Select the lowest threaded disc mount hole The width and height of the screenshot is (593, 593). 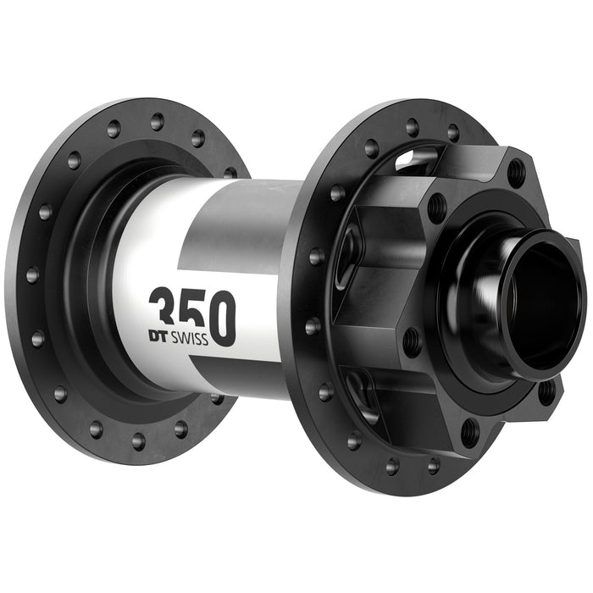click(x=471, y=432)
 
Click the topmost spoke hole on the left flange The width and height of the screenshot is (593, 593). click(x=158, y=120)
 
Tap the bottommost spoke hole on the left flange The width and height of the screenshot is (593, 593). click(x=138, y=440)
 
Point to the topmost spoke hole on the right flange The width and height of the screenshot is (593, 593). click(x=413, y=127)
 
